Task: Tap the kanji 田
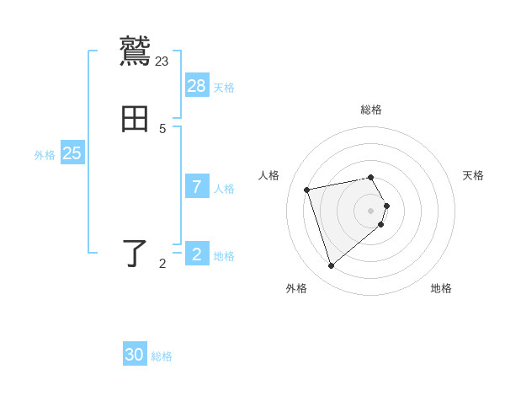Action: (136, 120)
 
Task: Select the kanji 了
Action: (136, 254)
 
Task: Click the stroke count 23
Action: (162, 61)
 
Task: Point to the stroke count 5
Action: (162, 128)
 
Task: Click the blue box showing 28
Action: (197, 86)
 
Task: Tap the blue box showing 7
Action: (197, 187)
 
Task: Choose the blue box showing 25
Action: (72, 153)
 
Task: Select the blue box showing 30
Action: (135, 355)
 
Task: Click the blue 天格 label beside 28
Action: (224, 88)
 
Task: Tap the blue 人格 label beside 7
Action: (224, 189)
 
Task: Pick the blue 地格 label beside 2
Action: (224, 256)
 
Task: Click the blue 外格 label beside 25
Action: (45, 155)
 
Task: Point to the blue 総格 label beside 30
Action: (162, 356)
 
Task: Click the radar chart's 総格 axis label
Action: (371, 110)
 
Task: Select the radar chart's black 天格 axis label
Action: (473, 175)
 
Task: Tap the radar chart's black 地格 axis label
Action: (441, 288)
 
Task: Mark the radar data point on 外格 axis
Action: (331, 265)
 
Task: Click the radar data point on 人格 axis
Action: (307, 190)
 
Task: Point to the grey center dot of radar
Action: (371, 210)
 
